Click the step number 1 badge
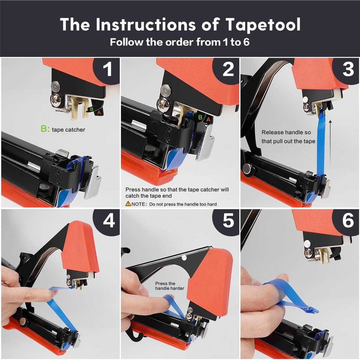(107, 70)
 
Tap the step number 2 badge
(228, 70)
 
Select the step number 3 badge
(348, 70)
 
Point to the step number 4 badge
(108, 221)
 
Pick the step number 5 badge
(228, 221)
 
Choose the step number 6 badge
(348, 221)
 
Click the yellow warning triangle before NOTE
(128, 204)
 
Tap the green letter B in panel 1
(91, 109)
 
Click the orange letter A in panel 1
(99, 112)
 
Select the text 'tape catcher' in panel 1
(68, 130)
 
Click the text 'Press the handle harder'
(169, 286)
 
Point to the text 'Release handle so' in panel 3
(286, 133)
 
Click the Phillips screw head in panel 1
(56, 100)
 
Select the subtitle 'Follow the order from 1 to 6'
(180, 42)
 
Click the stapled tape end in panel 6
(311, 310)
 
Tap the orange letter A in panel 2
(208, 120)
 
